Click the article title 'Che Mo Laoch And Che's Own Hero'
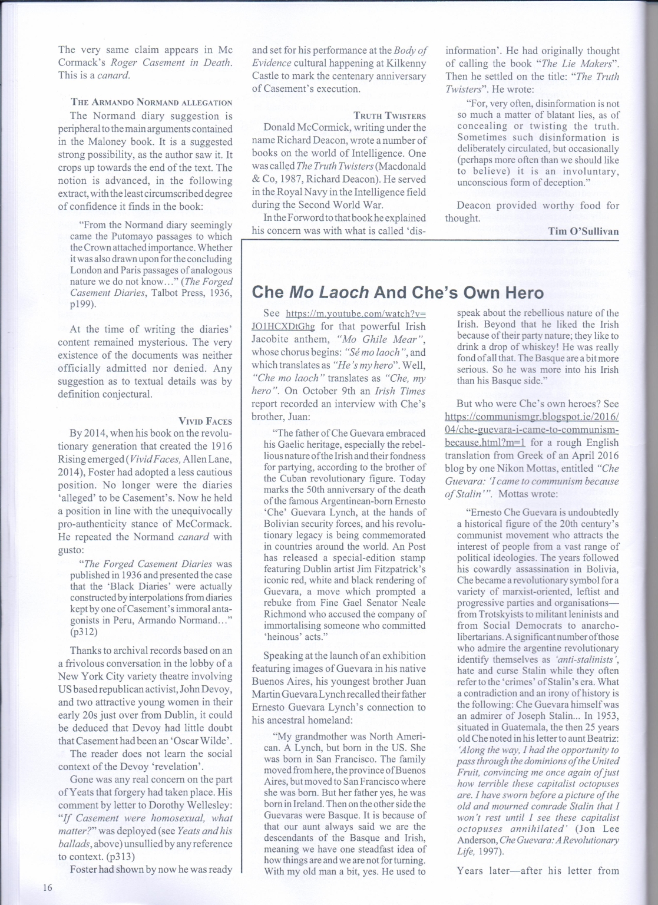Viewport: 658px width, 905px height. point(398,292)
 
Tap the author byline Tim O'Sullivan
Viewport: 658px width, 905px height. point(583,231)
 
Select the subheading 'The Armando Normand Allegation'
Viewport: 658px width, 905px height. point(151,103)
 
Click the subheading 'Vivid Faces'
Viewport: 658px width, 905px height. point(205,421)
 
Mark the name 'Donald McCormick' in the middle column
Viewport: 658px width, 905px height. point(307,127)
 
